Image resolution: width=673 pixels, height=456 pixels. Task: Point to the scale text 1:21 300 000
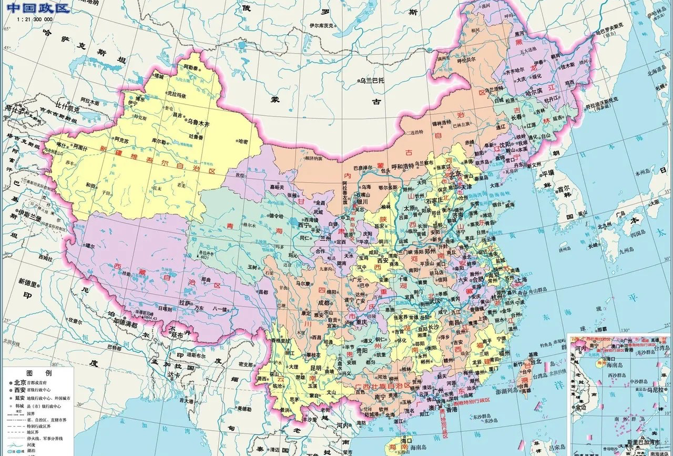click(35, 19)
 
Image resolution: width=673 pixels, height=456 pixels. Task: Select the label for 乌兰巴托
click(372, 80)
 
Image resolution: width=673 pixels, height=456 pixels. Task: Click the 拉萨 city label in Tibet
click(184, 303)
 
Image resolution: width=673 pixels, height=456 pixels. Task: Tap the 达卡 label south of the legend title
click(174, 375)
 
